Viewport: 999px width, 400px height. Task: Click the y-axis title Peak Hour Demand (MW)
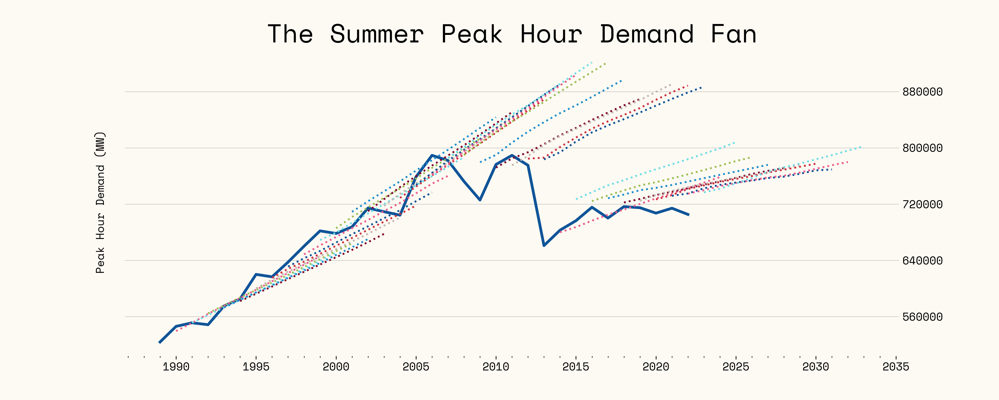click(100, 203)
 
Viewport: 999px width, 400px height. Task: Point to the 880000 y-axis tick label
click(922, 92)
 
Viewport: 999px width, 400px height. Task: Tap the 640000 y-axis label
click(922, 261)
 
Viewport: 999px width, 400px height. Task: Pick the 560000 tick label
click(922, 317)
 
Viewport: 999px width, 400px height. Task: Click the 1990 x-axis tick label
click(176, 367)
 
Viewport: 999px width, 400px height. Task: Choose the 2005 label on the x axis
click(416, 367)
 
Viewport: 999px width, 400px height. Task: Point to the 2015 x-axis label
click(576, 367)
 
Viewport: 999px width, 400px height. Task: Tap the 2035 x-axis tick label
click(896, 367)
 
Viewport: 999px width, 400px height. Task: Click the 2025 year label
click(736, 367)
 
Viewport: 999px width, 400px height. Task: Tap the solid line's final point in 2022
click(688, 214)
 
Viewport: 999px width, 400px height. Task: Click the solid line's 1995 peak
click(256, 274)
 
